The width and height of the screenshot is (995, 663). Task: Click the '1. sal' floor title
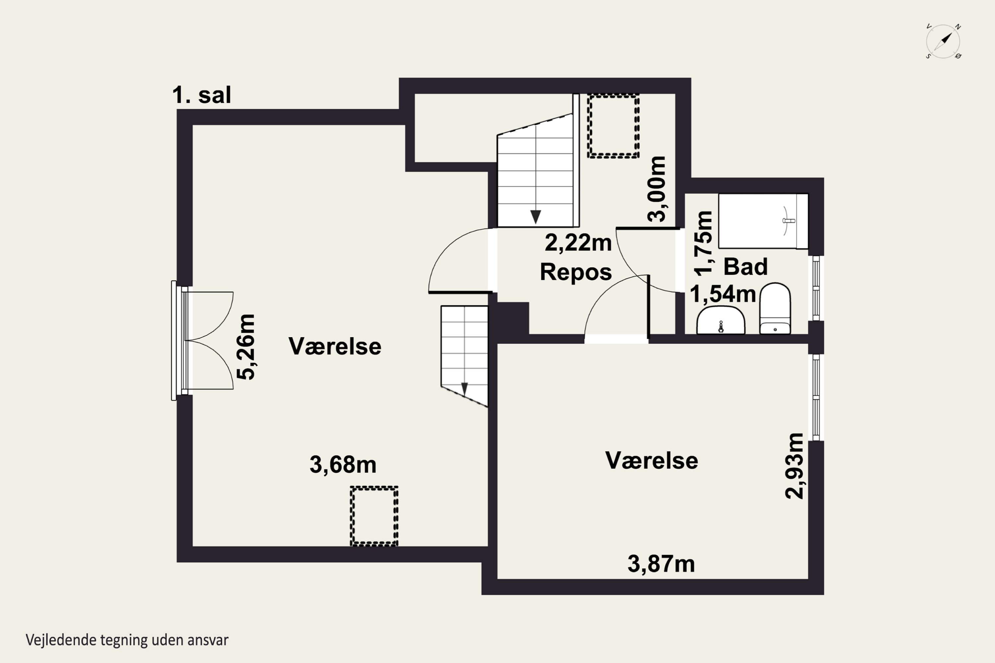point(201,95)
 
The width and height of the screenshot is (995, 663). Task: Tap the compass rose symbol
point(943,41)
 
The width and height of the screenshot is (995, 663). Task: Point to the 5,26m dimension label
point(246,347)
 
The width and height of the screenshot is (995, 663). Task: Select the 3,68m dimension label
point(343,465)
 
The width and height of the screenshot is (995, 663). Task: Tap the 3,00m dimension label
point(657,189)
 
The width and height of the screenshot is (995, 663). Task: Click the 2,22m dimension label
point(578,243)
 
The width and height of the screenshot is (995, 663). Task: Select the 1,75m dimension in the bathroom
point(703,244)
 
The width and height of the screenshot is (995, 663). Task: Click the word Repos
point(576,271)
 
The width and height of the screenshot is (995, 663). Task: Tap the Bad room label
point(745,267)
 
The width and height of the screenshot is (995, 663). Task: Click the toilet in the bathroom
point(775,308)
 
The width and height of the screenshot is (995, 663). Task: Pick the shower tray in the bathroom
point(763,221)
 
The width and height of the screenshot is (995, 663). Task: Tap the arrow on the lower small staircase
point(464,389)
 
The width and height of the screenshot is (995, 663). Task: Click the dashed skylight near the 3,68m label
point(374,516)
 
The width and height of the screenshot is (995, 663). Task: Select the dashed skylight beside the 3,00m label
point(613,126)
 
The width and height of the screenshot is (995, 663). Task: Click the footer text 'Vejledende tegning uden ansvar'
point(127,640)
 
